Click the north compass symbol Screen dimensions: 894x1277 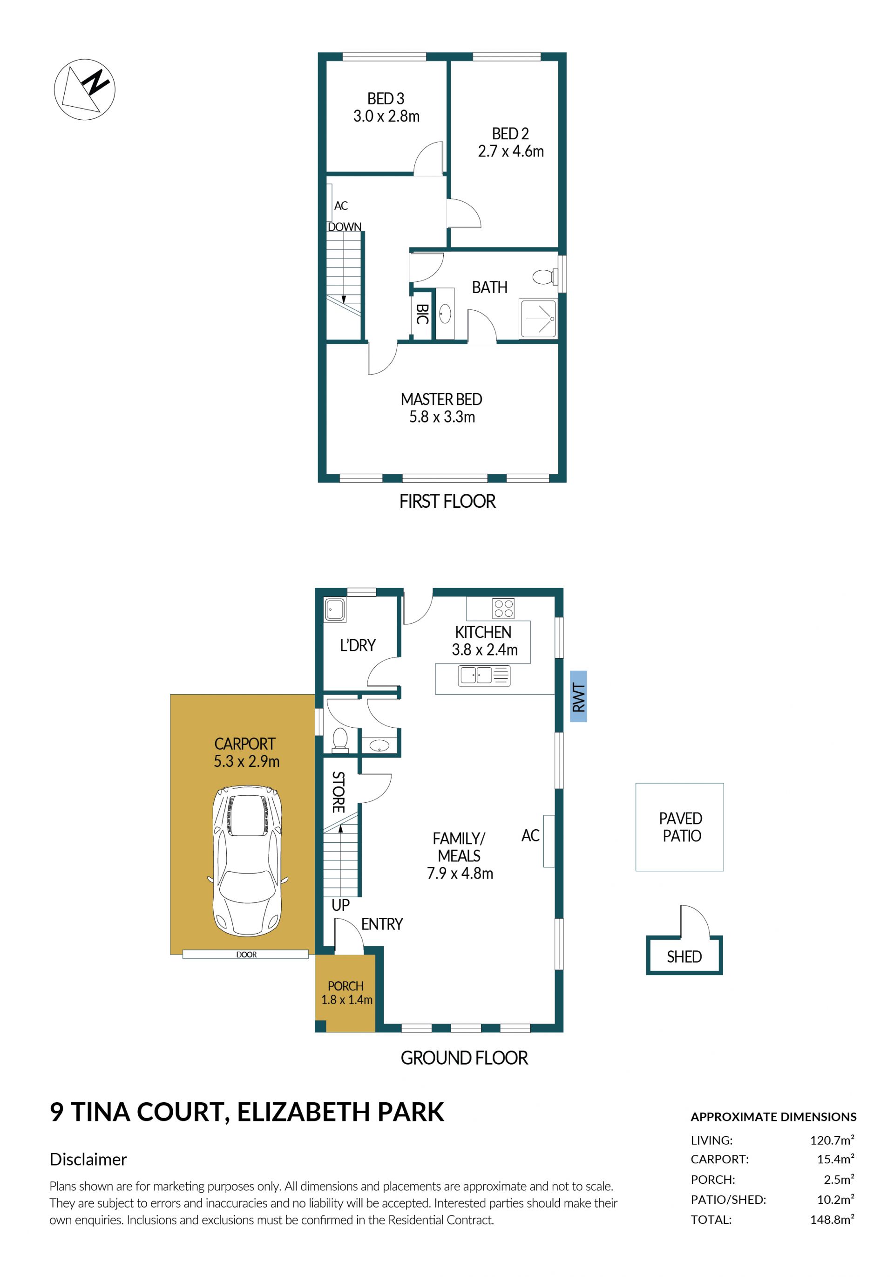(84, 89)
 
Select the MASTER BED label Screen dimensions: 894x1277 (441, 399)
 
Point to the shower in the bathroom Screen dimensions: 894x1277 (538, 318)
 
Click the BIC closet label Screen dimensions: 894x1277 (422, 314)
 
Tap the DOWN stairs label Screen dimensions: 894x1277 (345, 227)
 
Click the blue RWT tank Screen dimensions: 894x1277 (578, 697)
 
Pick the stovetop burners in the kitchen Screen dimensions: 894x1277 (503, 608)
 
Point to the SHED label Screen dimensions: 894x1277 (684, 956)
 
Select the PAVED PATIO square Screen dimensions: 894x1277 (679, 827)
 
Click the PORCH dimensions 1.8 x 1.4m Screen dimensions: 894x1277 (347, 999)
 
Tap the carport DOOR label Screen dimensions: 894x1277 (246, 955)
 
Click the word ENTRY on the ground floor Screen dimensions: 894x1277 (382, 924)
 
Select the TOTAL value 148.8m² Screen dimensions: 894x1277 (832, 1220)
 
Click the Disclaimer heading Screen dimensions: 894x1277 (88, 1159)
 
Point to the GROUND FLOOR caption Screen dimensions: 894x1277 (464, 1058)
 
